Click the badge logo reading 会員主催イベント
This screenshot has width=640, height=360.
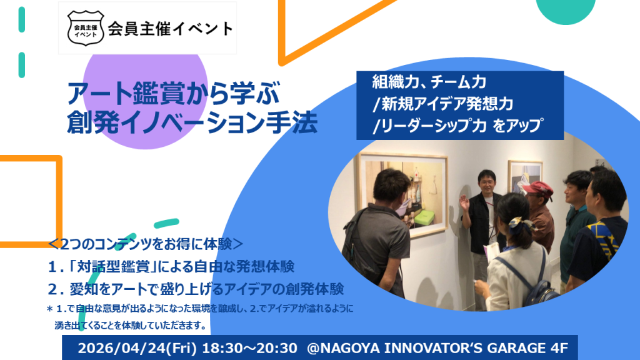[x=85, y=28]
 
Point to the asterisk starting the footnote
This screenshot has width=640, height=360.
[x=50, y=309]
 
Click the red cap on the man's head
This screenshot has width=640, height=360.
[x=537, y=187]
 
